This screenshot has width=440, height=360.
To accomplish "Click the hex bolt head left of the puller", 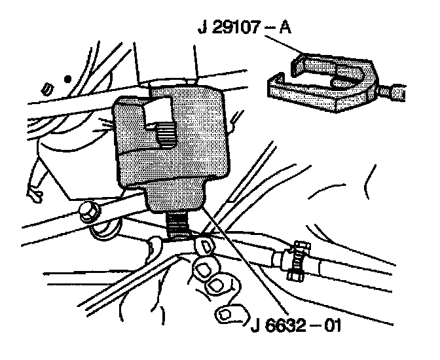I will tap(90, 212).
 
